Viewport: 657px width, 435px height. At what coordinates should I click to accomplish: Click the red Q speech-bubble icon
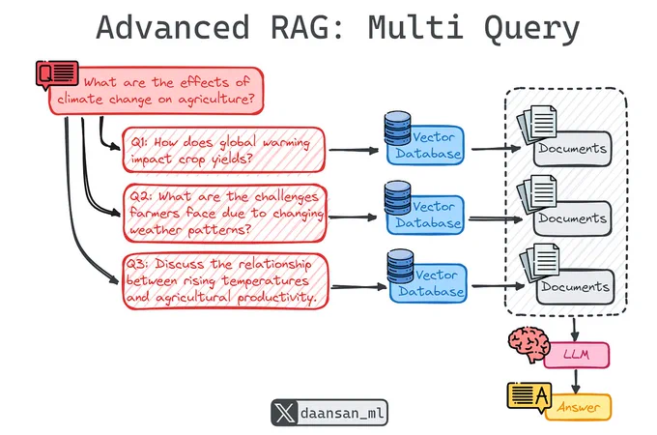click(x=57, y=74)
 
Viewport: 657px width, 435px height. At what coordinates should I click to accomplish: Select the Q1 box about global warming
click(x=223, y=150)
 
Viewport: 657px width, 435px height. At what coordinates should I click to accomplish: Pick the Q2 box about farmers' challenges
click(x=225, y=213)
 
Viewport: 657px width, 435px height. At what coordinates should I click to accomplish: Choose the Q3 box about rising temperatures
click(x=225, y=280)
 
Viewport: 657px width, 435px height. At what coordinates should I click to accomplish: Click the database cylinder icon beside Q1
click(x=397, y=129)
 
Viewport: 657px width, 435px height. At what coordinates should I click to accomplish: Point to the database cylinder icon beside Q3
click(x=400, y=266)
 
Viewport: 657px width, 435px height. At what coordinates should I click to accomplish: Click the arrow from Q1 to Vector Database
click(x=354, y=150)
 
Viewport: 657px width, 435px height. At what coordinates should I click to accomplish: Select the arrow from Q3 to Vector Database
click(x=358, y=287)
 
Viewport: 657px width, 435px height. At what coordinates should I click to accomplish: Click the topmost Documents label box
click(x=572, y=149)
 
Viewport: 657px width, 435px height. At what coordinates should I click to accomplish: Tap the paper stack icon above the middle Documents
click(x=537, y=194)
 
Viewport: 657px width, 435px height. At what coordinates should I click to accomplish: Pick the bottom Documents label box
click(x=575, y=287)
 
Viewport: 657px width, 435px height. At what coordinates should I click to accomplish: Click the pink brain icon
click(x=528, y=344)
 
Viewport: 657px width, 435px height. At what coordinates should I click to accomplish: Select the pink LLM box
click(x=577, y=355)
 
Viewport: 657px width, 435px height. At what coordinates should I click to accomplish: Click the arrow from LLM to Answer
click(x=576, y=382)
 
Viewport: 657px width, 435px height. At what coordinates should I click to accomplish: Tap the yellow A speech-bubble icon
click(x=529, y=396)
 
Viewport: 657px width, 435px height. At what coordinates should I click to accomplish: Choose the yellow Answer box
click(x=578, y=407)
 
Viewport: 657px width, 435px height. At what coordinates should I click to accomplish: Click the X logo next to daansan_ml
click(x=285, y=413)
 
